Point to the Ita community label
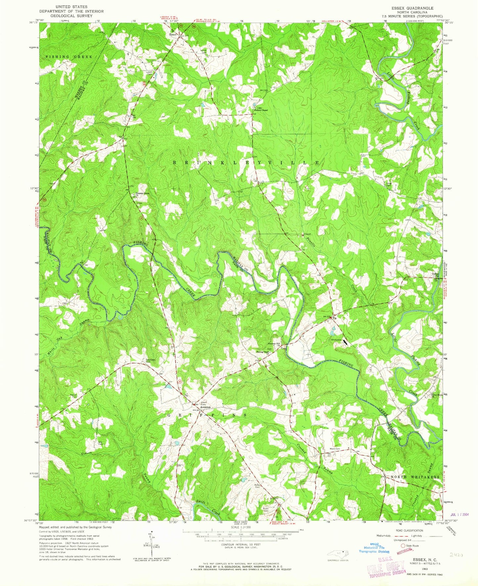[335, 318]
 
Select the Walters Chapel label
[260, 110]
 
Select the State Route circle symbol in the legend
[403, 546]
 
